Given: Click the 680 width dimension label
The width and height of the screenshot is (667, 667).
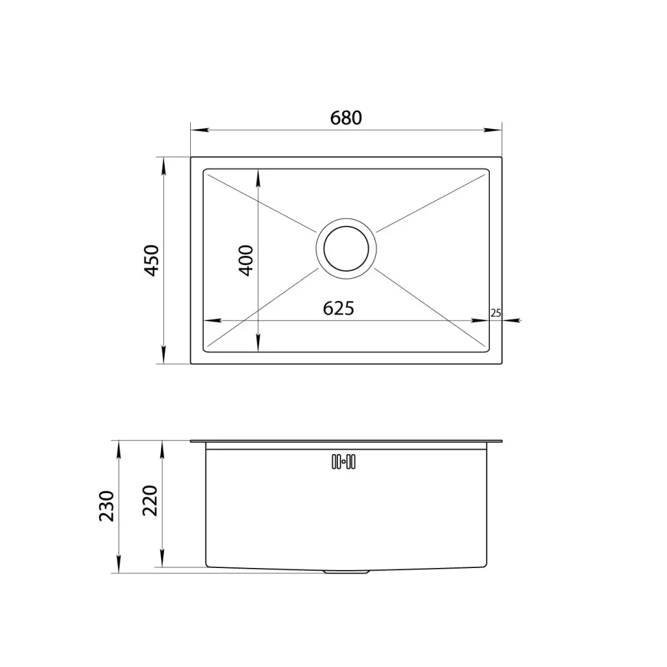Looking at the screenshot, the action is point(346,118).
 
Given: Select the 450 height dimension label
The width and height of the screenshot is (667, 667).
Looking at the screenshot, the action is point(152,261).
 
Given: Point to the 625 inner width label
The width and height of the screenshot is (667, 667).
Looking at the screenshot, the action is point(338,308).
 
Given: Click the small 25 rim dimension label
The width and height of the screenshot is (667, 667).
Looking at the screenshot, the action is point(496,313).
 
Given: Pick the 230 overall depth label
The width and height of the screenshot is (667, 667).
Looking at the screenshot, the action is point(106,505).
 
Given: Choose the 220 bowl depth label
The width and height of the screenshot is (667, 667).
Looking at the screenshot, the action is point(150,500).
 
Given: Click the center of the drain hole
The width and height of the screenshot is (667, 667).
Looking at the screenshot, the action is point(346,248).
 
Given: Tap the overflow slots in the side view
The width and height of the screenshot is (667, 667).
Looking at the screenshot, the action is point(343,462).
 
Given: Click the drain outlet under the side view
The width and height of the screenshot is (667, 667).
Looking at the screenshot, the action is point(346,572).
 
